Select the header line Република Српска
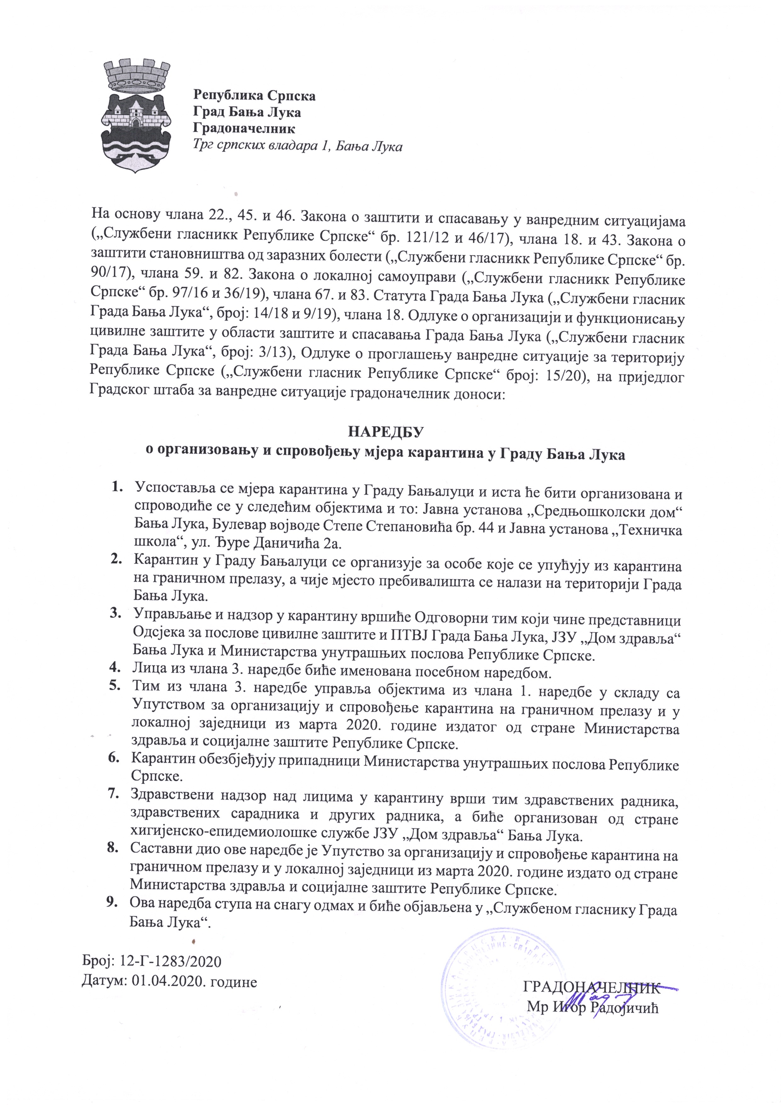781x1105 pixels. (254, 96)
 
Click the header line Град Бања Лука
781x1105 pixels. (247, 112)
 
